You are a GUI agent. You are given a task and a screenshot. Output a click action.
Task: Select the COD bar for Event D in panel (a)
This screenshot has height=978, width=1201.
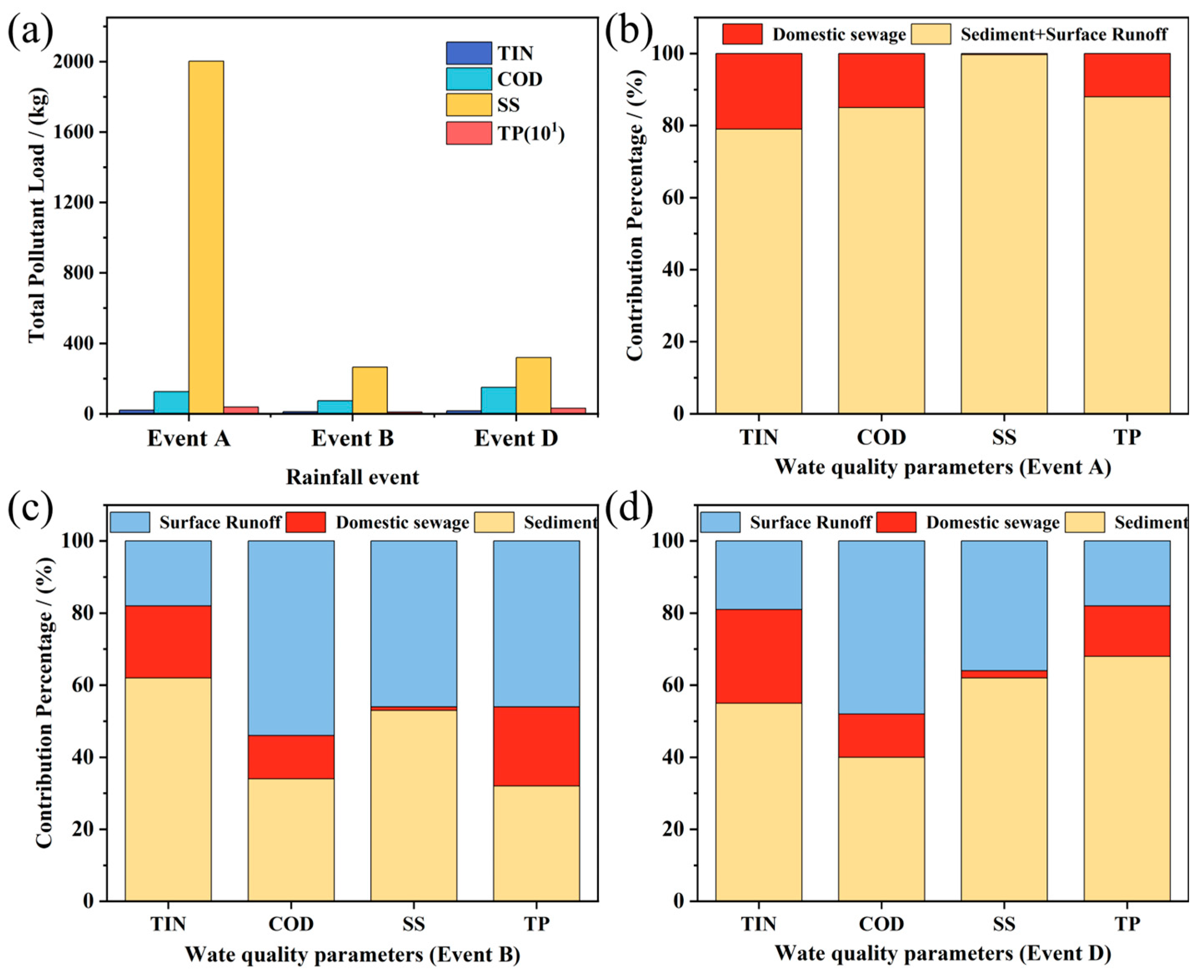tap(498, 400)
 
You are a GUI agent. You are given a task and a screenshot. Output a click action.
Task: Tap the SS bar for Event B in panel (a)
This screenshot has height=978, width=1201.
tap(370, 390)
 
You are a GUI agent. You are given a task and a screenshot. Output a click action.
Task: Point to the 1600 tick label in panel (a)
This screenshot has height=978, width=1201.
tap(74, 132)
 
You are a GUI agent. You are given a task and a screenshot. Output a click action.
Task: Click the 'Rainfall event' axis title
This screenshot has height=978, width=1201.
tap(353, 477)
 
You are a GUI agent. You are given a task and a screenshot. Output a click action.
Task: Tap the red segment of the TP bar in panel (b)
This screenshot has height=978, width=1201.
tap(1127, 75)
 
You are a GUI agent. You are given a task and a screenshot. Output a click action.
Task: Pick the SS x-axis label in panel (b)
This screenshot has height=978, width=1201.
tap(1004, 437)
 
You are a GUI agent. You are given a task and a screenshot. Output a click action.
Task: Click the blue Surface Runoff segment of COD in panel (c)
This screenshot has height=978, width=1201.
tap(291, 638)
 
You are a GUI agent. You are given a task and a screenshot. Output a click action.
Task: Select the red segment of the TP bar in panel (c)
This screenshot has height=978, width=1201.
tap(536, 746)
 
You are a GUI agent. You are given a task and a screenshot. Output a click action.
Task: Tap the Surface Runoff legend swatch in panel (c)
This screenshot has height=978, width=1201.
tap(130, 522)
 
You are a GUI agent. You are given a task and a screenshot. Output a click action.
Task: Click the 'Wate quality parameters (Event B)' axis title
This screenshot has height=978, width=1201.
tap(353, 954)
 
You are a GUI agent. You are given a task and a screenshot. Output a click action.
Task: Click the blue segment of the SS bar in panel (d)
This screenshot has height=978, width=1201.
tap(1004, 605)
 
